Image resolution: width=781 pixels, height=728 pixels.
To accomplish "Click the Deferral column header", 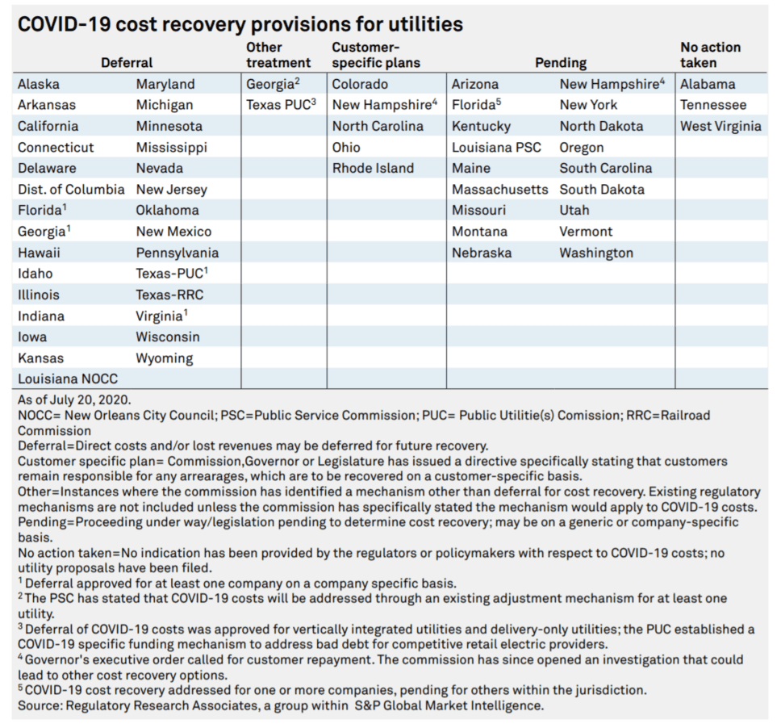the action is pyautogui.click(x=127, y=63).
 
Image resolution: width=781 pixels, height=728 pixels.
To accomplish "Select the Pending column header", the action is pyautogui.click(x=561, y=63).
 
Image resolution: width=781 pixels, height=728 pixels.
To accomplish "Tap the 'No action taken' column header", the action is pyautogui.click(x=710, y=55).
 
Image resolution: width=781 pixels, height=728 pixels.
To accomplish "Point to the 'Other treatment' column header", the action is pyautogui.click(x=278, y=55).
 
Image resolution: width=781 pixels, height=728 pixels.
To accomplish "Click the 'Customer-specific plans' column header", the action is pyautogui.click(x=376, y=55).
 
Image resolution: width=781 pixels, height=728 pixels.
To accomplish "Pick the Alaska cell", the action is pyautogui.click(x=39, y=84).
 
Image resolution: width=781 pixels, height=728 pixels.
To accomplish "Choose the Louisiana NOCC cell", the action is pyautogui.click(x=68, y=379).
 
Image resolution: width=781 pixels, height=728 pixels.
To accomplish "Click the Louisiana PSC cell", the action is pyautogui.click(x=496, y=148).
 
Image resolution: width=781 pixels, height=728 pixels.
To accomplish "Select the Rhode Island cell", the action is pyautogui.click(x=373, y=169).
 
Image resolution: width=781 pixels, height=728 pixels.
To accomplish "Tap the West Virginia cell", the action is pyautogui.click(x=720, y=126).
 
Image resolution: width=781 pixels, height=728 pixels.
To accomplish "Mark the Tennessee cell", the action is pyautogui.click(x=713, y=105).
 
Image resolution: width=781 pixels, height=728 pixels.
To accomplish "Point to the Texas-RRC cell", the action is pyautogui.click(x=169, y=295).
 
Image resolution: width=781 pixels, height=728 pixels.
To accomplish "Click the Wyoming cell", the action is pyautogui.click(x=165, y=358).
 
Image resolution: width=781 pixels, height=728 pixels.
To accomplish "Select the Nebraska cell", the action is pyautogui.click(x=482, y=253).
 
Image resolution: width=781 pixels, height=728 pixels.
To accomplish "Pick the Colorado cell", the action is pyautogui.click(x=360, y=84).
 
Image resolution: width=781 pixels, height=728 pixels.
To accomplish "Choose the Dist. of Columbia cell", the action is pyautogui.click(x=71, y=190).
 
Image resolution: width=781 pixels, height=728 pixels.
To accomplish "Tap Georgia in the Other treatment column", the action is pyautogui.click(x=273, y=84).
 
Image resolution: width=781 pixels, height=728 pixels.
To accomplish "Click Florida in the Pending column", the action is pyautogui.click(x=476, y=105).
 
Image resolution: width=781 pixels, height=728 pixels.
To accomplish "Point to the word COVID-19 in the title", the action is pyautogui.click(x=65, y=24).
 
